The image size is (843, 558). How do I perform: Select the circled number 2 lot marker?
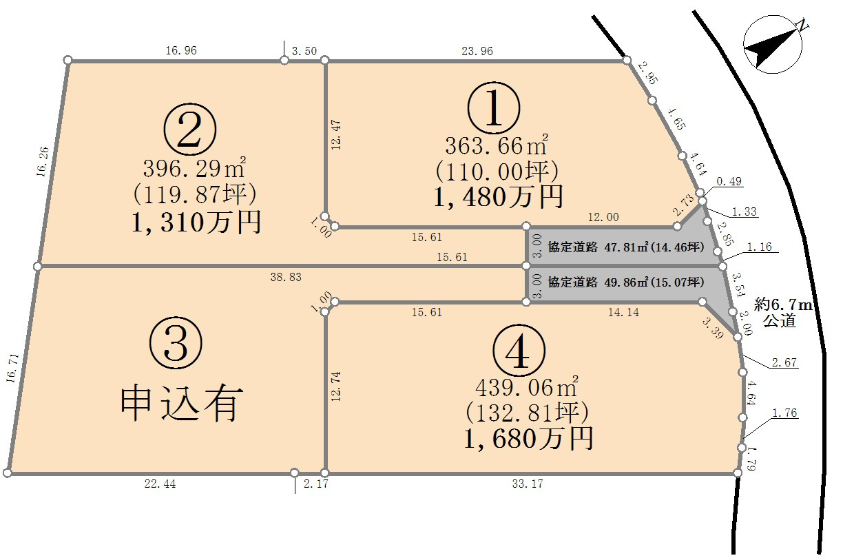pos(190,130)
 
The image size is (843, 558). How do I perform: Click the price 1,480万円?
pos(498,197)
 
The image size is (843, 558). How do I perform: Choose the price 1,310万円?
pos(195,222)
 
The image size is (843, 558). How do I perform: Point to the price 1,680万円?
pos(528,437)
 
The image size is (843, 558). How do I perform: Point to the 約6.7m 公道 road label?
pos(780,312)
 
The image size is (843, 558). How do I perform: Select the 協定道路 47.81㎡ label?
pos(625,246)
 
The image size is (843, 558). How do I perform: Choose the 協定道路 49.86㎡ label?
pos(625,282)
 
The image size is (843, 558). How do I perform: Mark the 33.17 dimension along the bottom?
pos(528,484)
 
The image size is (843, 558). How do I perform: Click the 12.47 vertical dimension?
pos(335,134)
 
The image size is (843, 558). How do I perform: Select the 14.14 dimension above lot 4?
pos(624,313)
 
